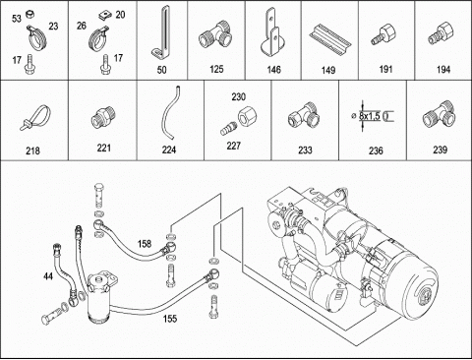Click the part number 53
(17, 19)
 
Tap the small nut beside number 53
(30, 14)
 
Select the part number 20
(120, 15)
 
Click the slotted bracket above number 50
(161, 33)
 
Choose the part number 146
(273, 70)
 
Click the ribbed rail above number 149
(329, 38)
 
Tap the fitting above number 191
(383, 34)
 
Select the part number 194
(443, 70)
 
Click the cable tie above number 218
(36, 117)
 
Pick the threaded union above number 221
(103, 117)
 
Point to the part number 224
(169, 150)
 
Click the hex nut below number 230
(248, 116)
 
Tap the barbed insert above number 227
(228, 129)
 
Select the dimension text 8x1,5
(370, 116)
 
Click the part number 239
(440, 150)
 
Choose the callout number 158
(145, 244)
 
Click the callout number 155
(170, 319)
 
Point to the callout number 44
(48, 276)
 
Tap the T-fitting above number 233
(304, 115)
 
